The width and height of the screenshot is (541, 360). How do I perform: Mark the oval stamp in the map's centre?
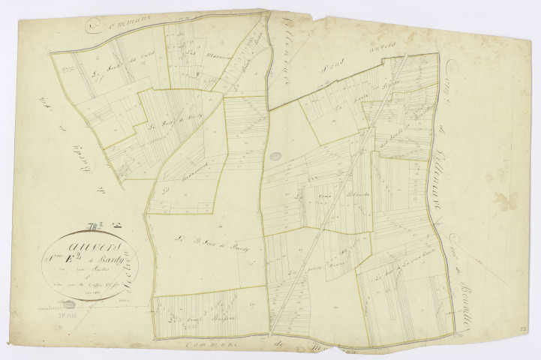point(275,157)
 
